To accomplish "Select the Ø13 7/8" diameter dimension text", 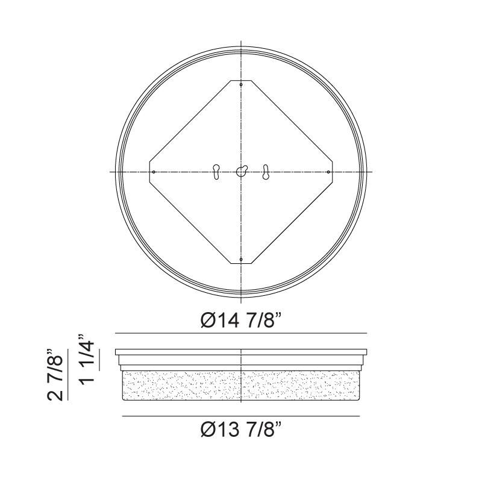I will pos(241,430).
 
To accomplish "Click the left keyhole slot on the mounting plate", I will pos(216,172).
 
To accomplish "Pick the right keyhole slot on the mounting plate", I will pos(265,172).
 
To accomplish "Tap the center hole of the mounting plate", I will pos(241,172).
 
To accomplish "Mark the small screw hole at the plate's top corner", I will pos(241,85).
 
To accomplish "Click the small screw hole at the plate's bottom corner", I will pos(241,260).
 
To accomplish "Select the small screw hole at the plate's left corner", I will pos(154,172).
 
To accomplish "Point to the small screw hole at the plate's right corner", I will pos(328,172).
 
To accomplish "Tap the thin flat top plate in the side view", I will pos(241,352).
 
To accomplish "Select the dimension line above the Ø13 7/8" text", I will pos(241,416).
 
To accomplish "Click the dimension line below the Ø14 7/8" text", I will pos(241,333).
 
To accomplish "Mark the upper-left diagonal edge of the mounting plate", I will pos(190,120).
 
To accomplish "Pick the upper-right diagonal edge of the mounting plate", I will pos(292,120).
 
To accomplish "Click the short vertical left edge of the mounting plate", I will pos(149,172).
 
